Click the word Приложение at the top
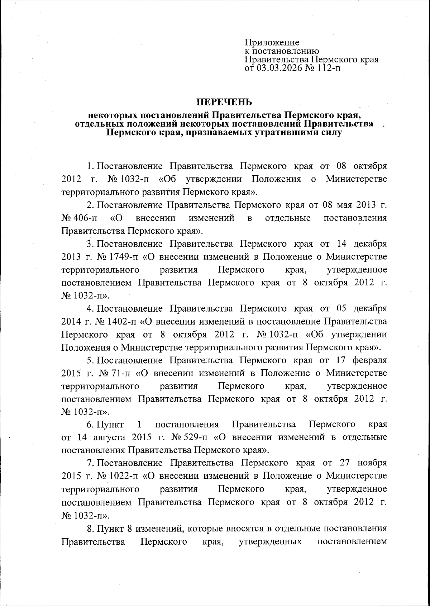272,43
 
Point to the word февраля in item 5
370,360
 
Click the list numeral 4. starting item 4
90,308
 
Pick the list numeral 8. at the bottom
90,528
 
